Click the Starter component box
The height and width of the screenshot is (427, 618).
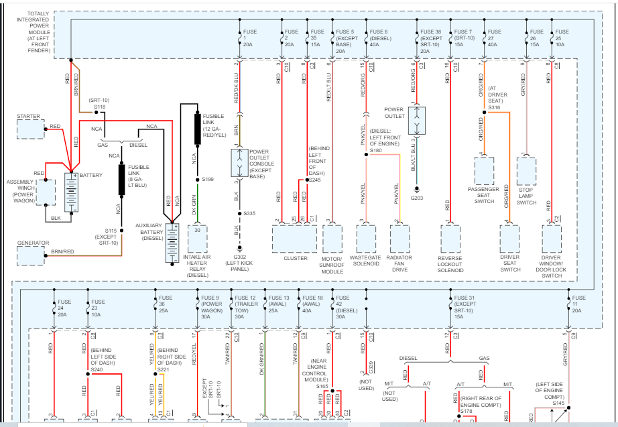pos(31,129)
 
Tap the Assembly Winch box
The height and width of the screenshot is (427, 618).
pos(46,192)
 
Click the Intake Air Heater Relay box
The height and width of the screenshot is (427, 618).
pos(198,237)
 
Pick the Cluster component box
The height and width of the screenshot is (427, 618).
pos(295,238)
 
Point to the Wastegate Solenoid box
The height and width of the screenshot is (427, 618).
pos(367,238)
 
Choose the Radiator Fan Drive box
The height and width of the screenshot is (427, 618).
pos(399,238)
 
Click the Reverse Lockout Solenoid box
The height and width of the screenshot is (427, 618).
pos(450,238)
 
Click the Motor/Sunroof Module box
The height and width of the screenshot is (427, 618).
pos(332,238)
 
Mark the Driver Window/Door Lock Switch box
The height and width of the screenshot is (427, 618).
pos(551,238)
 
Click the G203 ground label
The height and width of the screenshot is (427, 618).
pos(417,198)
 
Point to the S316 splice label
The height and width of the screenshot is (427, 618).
pos(495,107)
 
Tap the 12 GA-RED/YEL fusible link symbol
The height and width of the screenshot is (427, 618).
pos(197,127)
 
